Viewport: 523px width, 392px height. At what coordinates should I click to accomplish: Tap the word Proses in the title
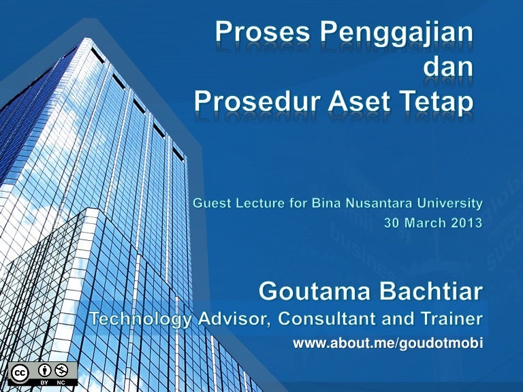pos(262,33)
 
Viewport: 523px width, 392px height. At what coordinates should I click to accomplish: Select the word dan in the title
pos(448,66)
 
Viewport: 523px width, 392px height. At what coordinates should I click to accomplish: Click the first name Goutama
pos(315,291)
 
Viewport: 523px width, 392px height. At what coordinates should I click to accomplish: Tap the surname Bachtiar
pos(431,291)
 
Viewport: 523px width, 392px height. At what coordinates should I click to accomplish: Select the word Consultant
pos(327,318)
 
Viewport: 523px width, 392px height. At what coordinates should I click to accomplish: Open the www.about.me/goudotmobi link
pos(388,343)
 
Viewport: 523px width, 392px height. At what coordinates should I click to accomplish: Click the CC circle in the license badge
pos(19,373)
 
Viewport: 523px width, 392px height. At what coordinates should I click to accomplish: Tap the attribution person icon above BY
pos(44,370)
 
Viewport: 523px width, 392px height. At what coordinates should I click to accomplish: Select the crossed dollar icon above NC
pos(61,370)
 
